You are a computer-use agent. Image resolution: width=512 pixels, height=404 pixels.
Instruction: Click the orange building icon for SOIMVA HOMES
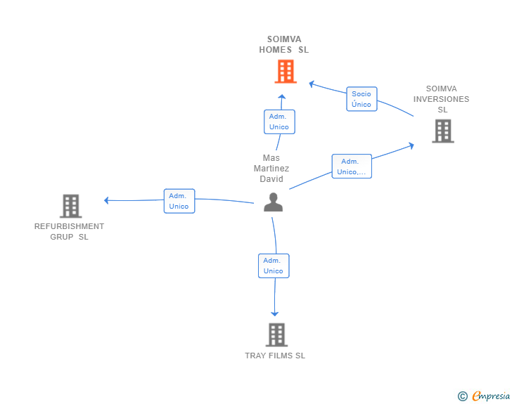pos(286,71)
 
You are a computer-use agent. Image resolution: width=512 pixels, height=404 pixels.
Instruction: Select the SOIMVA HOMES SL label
pos(283,44)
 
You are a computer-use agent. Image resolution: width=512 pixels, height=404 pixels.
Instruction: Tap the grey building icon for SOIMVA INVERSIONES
pos(443,131)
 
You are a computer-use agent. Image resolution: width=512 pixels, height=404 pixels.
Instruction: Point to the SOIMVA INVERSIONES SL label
pos(441,99)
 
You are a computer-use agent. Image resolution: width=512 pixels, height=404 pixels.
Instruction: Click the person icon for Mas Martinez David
pos(274,202)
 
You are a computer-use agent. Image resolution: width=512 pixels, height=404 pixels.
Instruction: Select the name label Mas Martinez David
pos(271,169)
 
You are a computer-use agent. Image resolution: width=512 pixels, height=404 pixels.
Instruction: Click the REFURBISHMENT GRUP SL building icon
pos(71,206)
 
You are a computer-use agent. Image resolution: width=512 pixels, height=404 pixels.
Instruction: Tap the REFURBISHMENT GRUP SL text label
pos(69,231)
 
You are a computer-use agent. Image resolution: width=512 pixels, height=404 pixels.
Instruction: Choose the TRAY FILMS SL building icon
pos(276,334)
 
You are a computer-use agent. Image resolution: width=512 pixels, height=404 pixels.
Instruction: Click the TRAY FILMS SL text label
pos(275,356)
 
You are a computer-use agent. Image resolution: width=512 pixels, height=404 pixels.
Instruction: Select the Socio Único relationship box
pos(361,99)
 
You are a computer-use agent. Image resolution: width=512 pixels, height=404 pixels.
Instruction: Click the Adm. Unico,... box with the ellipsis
pos(352,166)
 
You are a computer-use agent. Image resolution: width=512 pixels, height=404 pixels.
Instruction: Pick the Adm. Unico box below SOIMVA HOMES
pos(279,122)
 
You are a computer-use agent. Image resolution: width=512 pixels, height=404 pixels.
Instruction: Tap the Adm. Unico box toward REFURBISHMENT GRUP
pos(179,201)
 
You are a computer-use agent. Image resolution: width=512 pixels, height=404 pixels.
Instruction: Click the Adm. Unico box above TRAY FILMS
pos(274,266)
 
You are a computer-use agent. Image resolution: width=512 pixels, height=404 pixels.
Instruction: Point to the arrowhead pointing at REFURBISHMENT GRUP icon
pos(106,200)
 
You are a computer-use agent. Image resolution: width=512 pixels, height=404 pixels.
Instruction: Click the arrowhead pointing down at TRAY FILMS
pos(274,314)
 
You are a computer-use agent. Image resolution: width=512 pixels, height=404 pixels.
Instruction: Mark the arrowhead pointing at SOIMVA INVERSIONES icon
pos(411,145)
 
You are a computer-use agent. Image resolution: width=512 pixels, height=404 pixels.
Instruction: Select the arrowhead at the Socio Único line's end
pos(312,84)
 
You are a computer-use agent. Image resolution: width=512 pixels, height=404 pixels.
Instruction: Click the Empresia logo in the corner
pos(484,396)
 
